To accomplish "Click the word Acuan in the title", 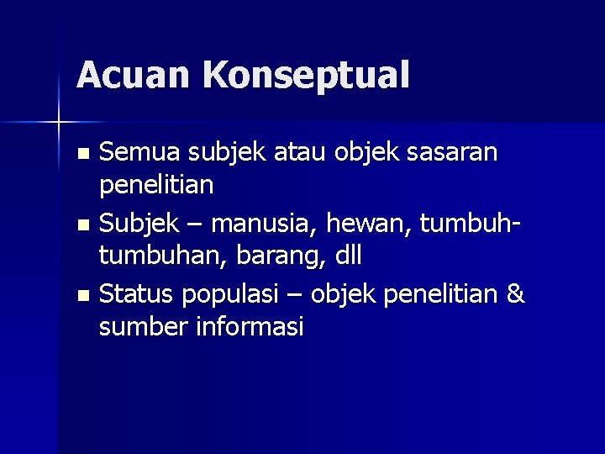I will pyautogui.click(x=134, y=75).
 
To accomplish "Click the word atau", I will pyautogui.click(x=297, y=152).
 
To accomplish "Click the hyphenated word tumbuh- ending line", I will pyautogui.click(x=471, y=224).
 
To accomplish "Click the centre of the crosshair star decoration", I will pyautogui.click(x=59, y=123).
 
